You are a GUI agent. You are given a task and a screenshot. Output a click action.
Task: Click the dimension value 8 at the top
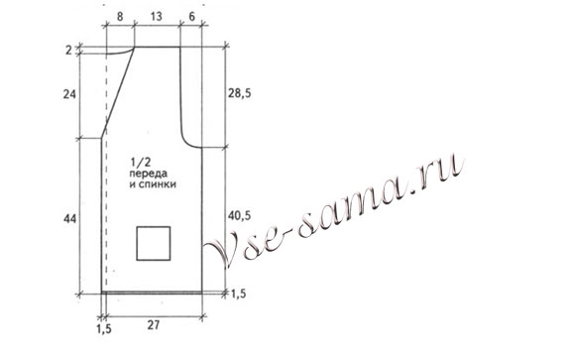pos(120,17)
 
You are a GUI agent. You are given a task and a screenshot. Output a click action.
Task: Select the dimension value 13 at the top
pos(156,17)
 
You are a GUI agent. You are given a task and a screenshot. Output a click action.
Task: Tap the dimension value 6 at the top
pos(191,17)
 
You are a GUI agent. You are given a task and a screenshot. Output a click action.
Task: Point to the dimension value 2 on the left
pos(69,50)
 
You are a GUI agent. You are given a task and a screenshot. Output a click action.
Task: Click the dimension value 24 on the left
pos(69,94)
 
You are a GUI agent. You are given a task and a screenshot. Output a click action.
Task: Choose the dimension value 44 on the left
pos(69,219)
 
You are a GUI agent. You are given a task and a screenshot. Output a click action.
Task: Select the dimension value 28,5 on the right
pos(240,93)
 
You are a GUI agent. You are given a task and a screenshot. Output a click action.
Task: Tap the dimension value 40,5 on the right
pos(240,216)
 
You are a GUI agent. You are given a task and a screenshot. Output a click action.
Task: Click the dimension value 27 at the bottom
pos(154,325)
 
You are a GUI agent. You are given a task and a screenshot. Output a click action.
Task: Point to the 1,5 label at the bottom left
pos(104,329)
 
